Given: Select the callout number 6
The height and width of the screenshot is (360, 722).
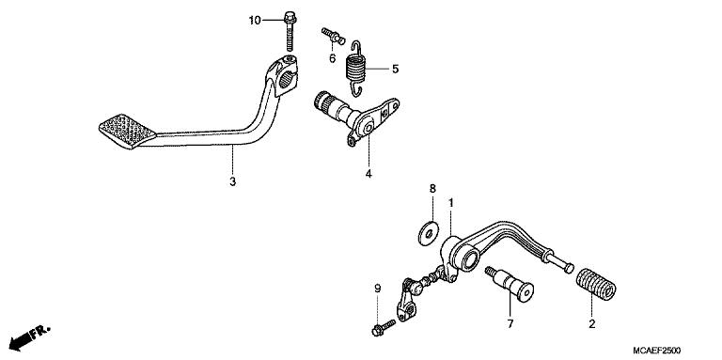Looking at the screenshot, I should [332, 58].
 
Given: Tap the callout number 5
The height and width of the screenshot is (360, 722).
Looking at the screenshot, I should [395, 69].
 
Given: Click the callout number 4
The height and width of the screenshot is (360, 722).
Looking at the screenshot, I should [369, 175].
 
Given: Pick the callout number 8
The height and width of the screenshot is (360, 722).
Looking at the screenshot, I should [432, 190].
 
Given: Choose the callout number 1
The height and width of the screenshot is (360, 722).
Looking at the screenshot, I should [451, 202].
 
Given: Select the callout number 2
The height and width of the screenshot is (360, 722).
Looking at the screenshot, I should [591, 324].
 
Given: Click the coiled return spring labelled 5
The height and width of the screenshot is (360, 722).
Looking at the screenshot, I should [356, 69].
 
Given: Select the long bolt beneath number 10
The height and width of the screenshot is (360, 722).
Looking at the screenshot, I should [286, 32].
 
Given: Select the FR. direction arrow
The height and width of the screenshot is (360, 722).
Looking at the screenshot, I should [31, 335].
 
